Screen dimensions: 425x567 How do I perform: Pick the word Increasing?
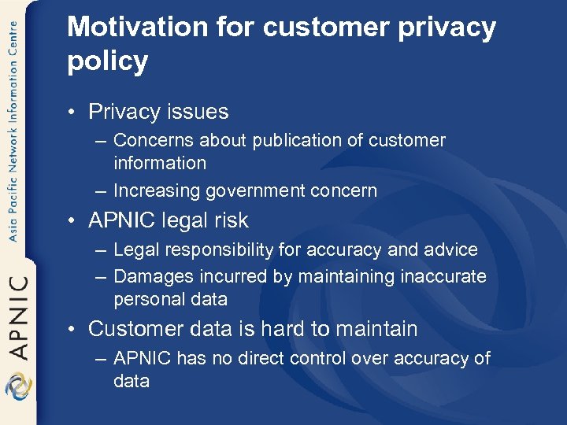point(157,190)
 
